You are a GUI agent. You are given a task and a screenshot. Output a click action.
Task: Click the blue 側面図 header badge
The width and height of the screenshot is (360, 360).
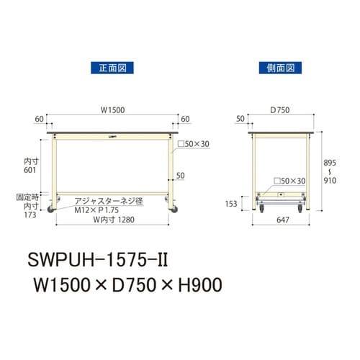[276, 69]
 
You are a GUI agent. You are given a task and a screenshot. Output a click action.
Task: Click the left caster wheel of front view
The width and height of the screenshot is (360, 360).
[53, 209]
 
